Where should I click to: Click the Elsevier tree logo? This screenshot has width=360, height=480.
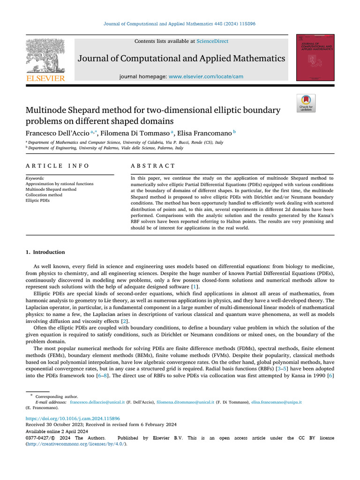point(45,55)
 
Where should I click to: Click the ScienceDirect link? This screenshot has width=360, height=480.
point(212,41)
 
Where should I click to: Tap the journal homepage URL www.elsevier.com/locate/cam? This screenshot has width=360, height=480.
point(206,76)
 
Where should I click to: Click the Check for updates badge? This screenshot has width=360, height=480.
point(306,103)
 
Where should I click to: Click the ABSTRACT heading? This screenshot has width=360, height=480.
point(153,166)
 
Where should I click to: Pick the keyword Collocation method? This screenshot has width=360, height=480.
point(44,195)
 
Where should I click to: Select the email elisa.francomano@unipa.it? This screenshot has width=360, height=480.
point(276,402)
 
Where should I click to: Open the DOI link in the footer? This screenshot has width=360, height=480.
point(73,418)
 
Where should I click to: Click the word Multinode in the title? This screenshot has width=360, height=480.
point(46,111)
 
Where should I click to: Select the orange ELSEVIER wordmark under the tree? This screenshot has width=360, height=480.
point(45,79)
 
